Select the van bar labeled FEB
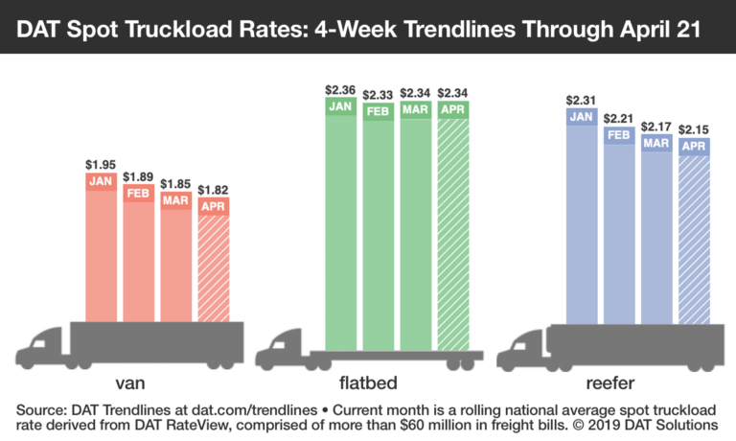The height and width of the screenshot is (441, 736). (x=139, y=259)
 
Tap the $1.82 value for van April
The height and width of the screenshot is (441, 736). (x=215, y=190)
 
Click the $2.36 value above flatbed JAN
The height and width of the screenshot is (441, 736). (x=340, y=91)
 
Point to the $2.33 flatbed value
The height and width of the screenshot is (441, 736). (x=378, y=93)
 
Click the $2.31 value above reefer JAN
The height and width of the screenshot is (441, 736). (x=582, y=100)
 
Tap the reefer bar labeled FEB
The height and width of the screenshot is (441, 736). (x=619, y=230)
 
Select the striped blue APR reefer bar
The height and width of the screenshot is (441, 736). (x=695, y=240)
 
